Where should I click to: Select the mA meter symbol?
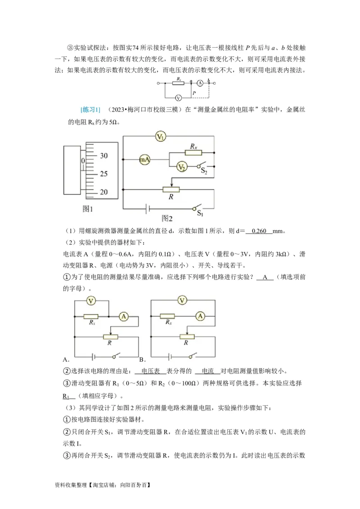[144, 159]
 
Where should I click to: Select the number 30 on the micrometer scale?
[103, 156]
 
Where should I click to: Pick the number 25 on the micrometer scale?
[103, 174]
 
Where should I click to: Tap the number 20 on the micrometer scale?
[103, 192]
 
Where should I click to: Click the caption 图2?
[167, 219]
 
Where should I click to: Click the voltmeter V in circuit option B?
[182, 299]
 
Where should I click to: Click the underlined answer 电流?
[207, 371]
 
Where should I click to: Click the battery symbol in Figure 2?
[147, 208]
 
